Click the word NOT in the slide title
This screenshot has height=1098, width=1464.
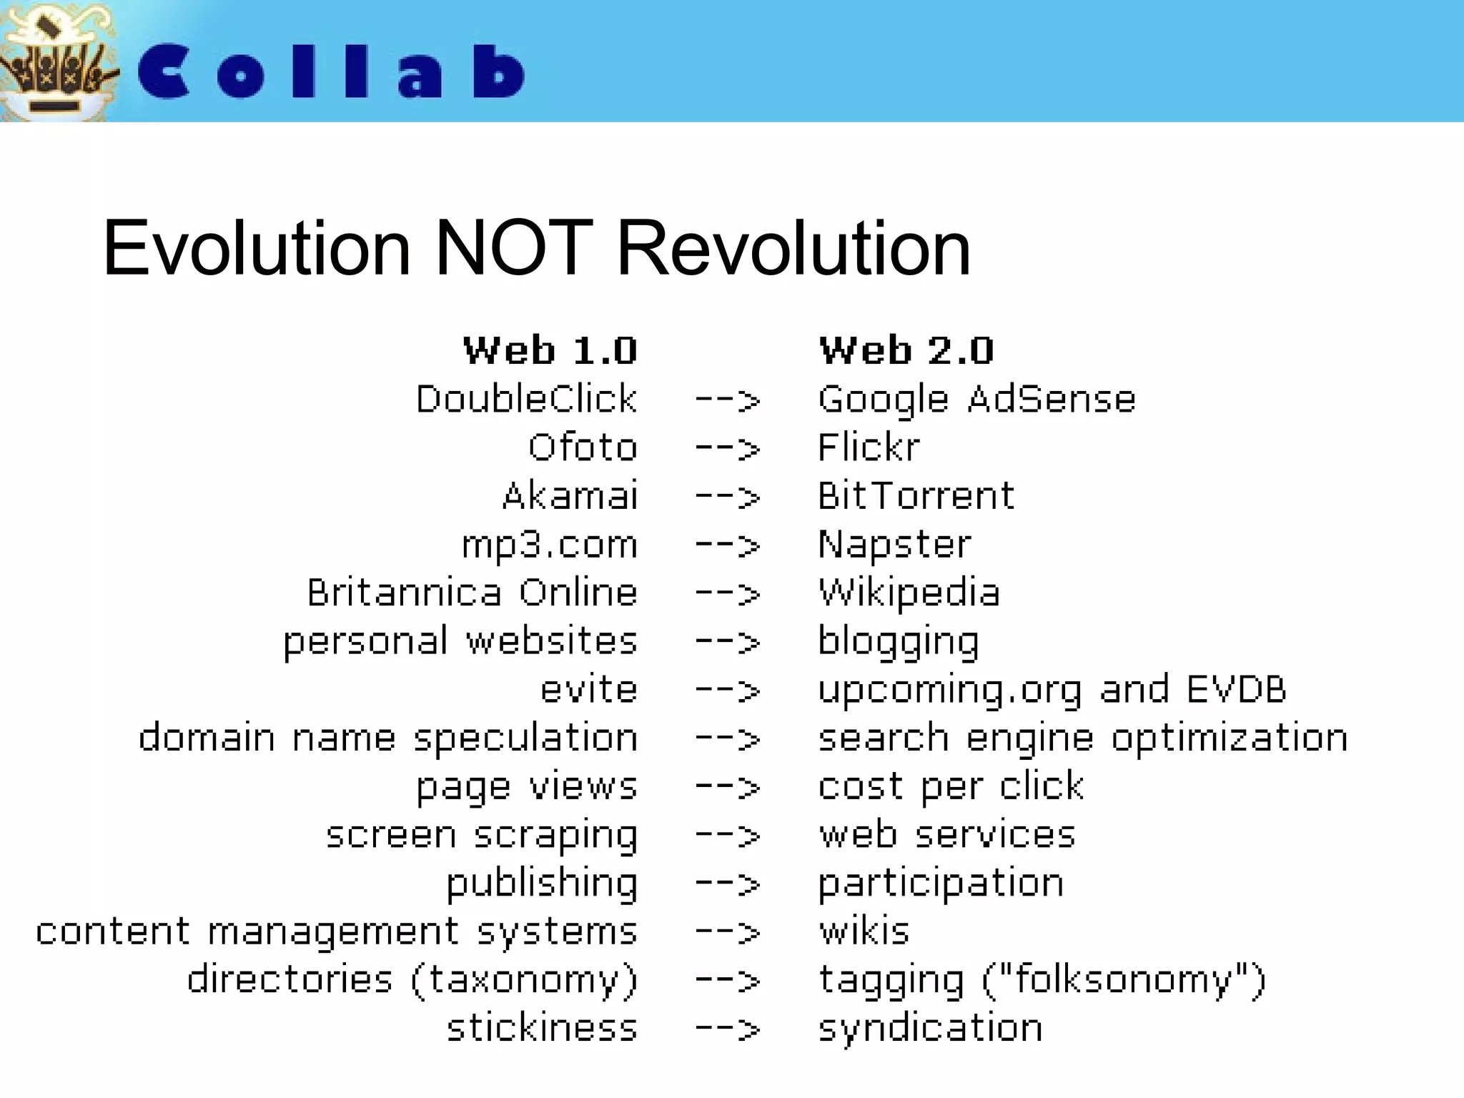513,249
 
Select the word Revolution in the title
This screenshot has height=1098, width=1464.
793,249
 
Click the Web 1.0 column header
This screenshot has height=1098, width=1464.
550,351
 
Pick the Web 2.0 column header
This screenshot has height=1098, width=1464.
906,351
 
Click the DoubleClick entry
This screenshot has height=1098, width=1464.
526,399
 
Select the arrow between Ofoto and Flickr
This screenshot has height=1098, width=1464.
728,449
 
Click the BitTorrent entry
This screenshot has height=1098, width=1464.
916,496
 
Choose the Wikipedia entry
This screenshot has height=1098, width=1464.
909,593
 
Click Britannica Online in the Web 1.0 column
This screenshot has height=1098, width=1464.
472,593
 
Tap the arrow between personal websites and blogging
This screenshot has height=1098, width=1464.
728,643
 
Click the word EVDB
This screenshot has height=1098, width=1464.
1236,690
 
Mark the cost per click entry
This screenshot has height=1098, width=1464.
951,787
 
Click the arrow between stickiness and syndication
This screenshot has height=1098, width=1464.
728,1029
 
